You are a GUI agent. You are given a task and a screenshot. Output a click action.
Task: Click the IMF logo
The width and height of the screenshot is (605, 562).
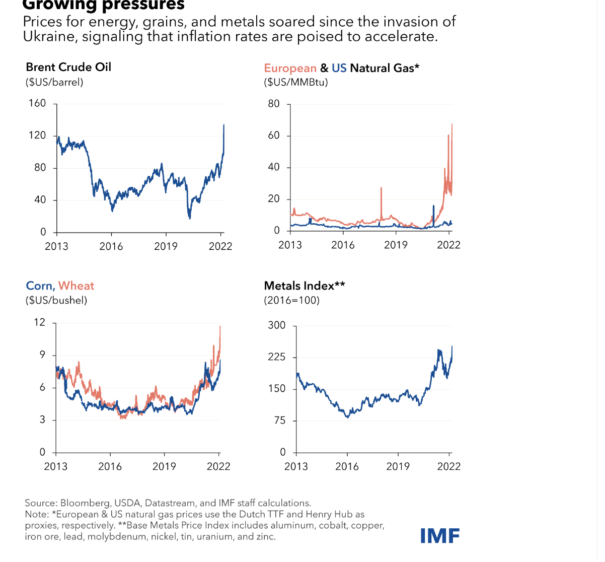click(x=440, y=536)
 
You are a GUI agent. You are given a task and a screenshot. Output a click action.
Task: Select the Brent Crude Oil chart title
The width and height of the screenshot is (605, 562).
click(x=68, y=67)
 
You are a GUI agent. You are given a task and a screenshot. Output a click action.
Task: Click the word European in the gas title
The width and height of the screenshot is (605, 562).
click(x=290, y=68)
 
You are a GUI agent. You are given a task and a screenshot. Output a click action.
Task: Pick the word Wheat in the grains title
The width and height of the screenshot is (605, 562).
click(x=77, y=286)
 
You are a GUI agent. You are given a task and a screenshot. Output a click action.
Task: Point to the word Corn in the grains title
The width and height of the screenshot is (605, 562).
click(x=39, y=286)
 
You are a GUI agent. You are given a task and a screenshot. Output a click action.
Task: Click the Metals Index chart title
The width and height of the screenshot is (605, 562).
click(x=305, y=286)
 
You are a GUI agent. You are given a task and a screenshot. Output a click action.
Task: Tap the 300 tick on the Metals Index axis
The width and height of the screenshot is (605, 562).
click(x=277, y=325)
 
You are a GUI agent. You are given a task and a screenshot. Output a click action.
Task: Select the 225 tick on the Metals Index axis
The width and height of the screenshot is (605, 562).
click(x=277, y=357)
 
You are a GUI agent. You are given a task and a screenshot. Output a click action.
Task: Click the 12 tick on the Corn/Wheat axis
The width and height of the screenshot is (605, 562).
click(x=39, y=322)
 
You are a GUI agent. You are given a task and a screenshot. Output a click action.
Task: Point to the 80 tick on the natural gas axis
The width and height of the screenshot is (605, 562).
click(x=274, y=104)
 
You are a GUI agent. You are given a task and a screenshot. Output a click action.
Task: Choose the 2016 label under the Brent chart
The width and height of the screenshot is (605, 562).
click(x=111, y=246)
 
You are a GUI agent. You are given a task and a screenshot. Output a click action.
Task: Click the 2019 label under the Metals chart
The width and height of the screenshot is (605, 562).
click(x=398, y=466)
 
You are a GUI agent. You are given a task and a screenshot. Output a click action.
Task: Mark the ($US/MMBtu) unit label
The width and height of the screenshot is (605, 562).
click(x=296, y=82)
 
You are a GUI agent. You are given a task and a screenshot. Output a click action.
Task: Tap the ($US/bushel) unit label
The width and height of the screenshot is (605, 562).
click(x=56, y=300)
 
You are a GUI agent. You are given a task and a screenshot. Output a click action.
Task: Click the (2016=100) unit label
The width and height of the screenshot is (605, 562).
click(x=292, y=300)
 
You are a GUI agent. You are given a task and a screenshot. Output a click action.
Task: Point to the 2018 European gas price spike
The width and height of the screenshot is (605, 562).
click(x=381, y=188)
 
